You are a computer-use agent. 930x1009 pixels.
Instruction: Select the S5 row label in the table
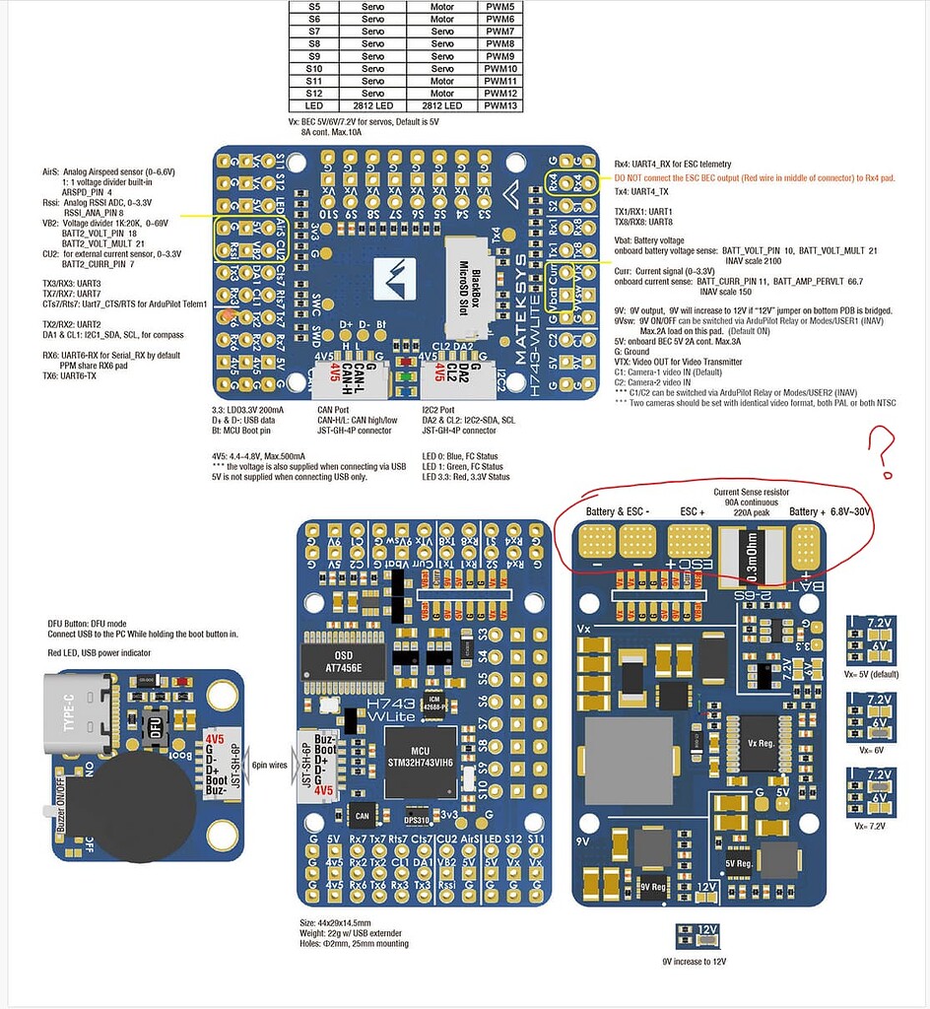pyautogui.click(x=314, y=6)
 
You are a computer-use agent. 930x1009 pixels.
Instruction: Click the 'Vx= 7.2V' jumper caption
pyautogui.click(x=870, y=825)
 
